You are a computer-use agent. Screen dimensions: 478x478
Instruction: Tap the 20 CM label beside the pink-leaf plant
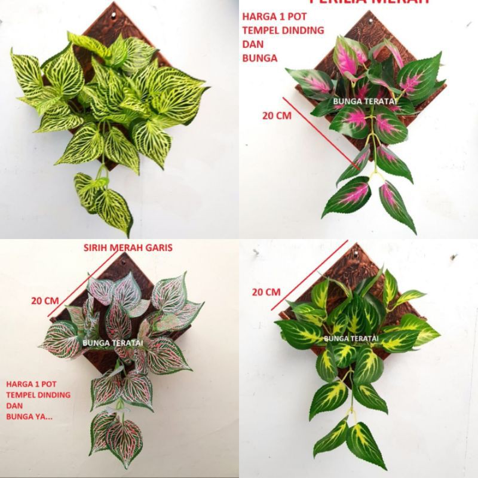coord(277,115)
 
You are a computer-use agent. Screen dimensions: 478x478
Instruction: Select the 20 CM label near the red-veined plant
coord(45,301)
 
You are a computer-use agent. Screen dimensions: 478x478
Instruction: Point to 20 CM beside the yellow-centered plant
coord(266,292)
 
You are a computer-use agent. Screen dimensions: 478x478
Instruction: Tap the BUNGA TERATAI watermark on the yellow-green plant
coord(351,339)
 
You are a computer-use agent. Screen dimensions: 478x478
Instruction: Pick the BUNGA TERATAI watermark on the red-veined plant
coord(110,342)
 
